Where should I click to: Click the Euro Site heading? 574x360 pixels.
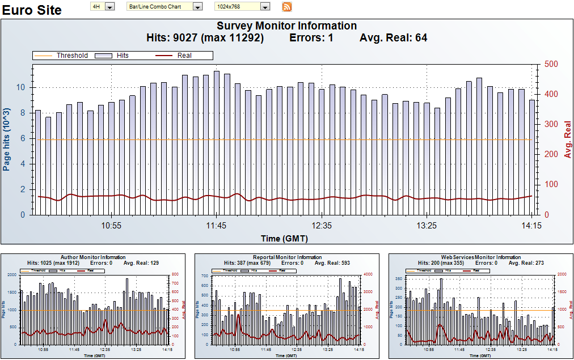tap(32, 10)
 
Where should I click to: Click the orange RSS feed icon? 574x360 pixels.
tap(287, 7)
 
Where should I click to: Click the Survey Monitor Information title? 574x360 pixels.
tap(286, 26)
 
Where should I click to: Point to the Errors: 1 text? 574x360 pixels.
tap(311, 38)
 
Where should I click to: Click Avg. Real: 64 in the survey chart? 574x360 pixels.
tap(393, 38)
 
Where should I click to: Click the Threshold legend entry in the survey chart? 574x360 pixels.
tap(71, 56)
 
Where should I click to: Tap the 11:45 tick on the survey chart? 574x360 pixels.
tap(216, 226)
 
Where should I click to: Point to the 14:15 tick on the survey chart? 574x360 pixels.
tap(530, 226)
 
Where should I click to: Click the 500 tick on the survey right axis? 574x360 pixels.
tap(551, 64)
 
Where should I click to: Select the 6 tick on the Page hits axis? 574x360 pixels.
tap(23, 139)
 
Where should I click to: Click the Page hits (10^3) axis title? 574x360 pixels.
tap(7, 139)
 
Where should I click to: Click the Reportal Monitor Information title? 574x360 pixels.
tap(287, 257)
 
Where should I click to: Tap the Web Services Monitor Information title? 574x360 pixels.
tap(480, 257)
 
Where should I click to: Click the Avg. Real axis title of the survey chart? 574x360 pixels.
tap(566, 139)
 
